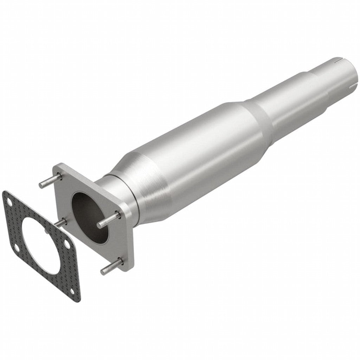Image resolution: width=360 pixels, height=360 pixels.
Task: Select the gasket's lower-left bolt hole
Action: click(16, 249)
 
